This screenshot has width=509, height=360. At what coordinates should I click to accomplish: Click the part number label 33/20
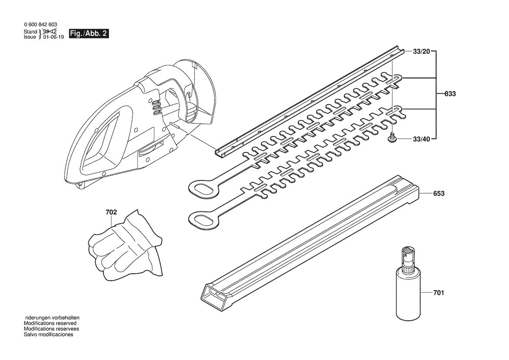click(421, 51)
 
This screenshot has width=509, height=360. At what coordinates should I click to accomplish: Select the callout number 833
click(450, 94)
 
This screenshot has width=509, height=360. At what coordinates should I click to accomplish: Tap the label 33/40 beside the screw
click(421, 139)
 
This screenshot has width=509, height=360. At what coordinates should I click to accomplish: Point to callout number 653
click(438, 194)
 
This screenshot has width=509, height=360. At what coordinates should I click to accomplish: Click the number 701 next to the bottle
click(438, 293)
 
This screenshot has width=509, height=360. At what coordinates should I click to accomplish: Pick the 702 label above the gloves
click(111, 212)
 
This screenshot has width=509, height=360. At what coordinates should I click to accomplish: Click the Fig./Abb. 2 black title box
click(89, 34)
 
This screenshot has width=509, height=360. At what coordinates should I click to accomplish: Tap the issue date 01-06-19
click(54, 37)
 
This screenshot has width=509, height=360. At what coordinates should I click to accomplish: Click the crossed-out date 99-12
click(50, 31)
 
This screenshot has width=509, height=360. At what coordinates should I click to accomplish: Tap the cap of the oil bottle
click(408, 257)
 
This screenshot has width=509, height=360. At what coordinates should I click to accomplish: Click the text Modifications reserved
click(51, 323)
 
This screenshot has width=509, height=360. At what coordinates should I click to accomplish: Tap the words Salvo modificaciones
click(49, 334)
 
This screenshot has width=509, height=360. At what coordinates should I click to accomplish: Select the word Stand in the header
click(30, 32)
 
